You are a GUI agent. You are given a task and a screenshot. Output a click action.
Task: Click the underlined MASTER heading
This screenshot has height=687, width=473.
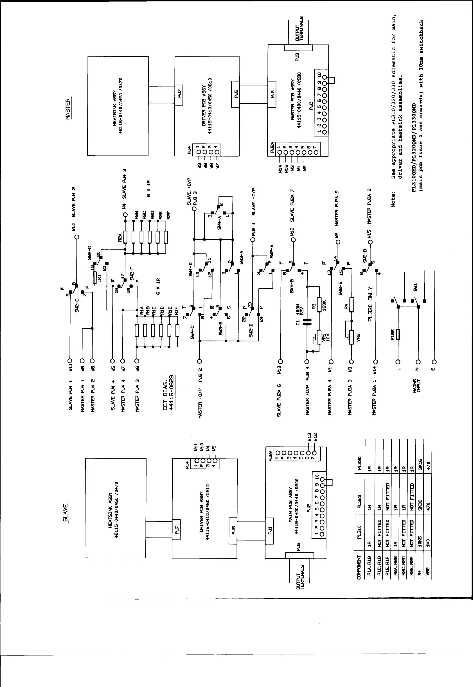(x=68, y=109)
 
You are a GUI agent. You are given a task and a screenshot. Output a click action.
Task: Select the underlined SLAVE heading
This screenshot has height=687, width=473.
(x=66, y=513)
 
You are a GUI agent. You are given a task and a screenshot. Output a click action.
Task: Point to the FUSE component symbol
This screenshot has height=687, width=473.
(x=398, y=334)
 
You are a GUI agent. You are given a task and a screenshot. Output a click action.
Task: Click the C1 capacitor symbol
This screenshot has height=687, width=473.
(x=307, y=322)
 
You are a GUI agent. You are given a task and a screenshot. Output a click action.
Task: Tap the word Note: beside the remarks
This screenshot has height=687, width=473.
(x=393, y=199)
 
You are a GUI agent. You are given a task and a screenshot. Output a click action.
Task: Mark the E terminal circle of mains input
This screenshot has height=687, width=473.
(x=434, y=362)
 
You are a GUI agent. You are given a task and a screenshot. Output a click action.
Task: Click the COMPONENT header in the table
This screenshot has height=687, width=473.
(x=359, y=567)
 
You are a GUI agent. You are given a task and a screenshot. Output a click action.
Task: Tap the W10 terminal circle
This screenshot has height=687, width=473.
(x=76, y=237)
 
